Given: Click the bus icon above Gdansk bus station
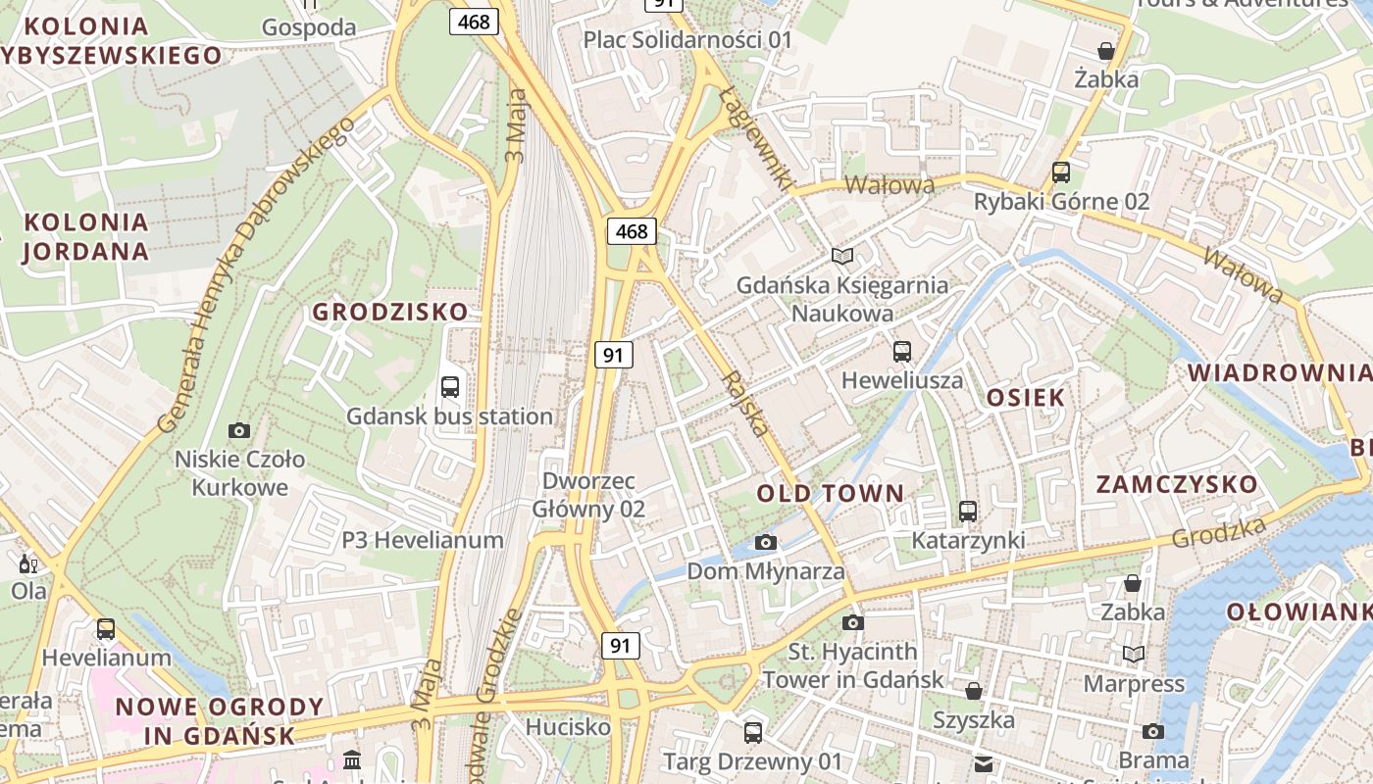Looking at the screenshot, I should pos(450,386).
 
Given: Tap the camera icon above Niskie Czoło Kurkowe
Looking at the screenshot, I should pos(238,430).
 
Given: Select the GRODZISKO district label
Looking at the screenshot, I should pos(390,313).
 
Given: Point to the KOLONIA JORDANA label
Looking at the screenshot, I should pos(85,236).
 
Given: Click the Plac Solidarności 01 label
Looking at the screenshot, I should pos(687,39).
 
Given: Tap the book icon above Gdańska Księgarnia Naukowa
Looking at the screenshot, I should pos(842,256).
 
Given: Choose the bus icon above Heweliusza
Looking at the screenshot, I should pos(902,351).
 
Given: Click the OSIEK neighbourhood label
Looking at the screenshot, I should pos(1026,397).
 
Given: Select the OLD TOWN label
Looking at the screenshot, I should pos(831,493).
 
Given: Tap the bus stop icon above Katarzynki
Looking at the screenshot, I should pos(968,511).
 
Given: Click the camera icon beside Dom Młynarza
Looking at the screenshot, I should pos(766,542).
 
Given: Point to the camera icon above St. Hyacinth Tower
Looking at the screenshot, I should pos(853,622).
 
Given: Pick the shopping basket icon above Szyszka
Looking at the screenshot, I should pos(974,691).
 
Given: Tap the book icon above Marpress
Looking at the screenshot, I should pos(1134,654).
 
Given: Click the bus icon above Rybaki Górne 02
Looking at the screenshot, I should pos(1060,171).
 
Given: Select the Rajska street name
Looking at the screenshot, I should pos(745,403).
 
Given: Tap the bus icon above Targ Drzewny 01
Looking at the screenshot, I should pos(753,732).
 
